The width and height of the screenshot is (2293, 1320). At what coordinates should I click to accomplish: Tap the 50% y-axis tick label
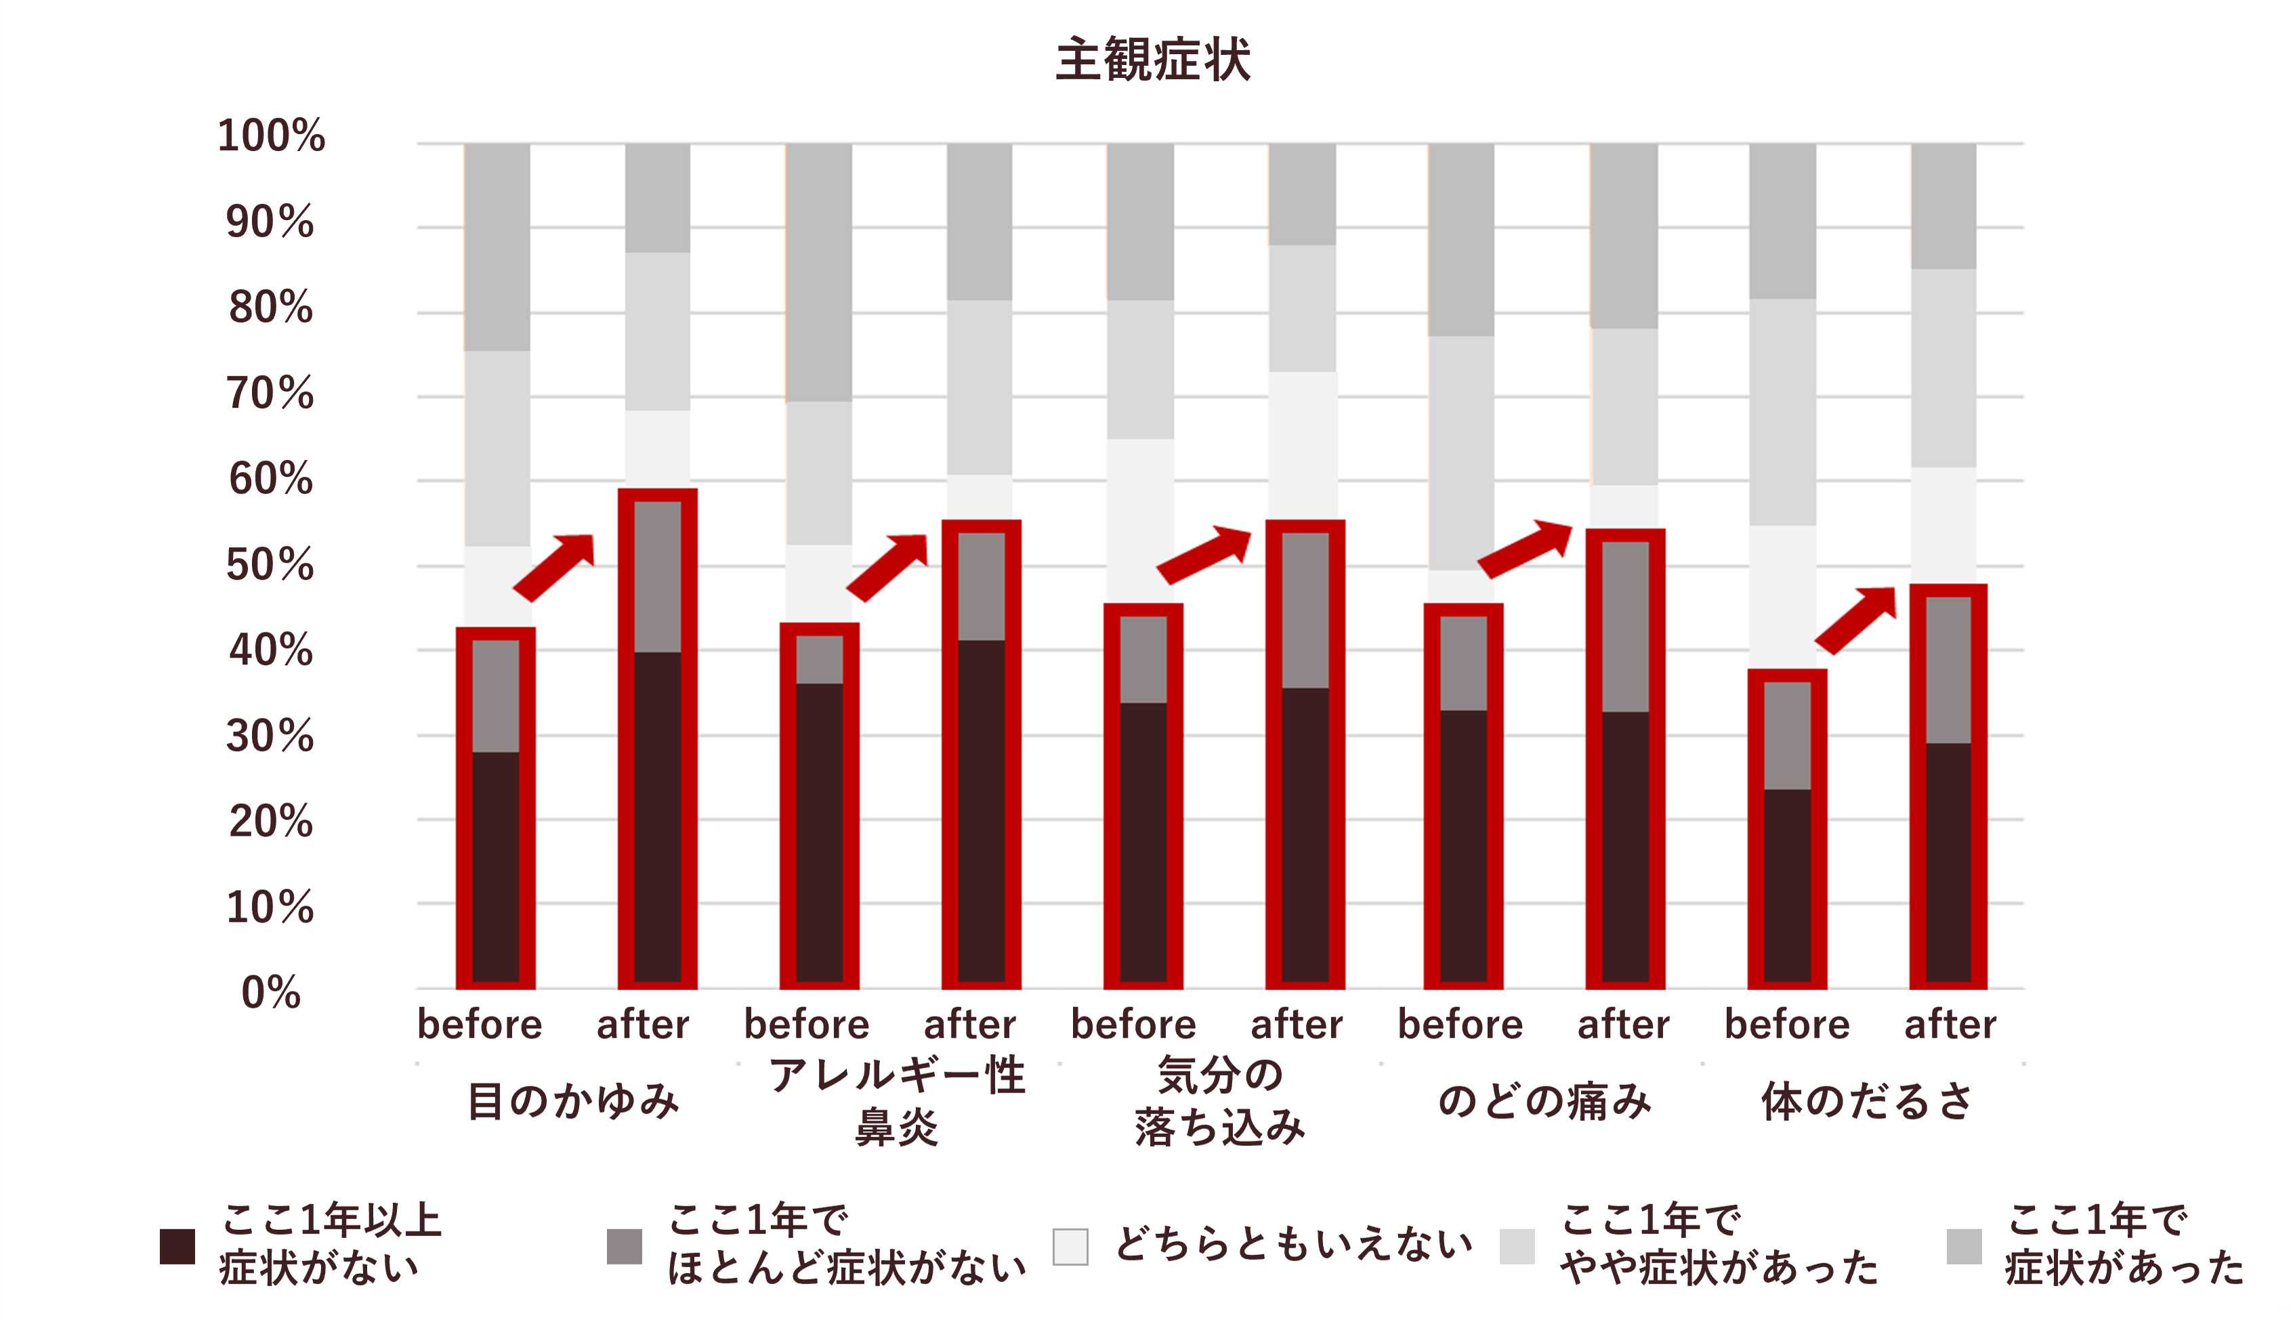point(270,564)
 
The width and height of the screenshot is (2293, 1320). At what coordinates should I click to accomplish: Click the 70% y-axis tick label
point(270,393)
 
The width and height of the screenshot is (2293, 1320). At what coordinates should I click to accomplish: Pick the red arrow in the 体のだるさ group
point(1855,620)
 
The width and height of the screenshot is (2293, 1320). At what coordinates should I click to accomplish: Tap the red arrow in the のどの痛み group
point(1525,549)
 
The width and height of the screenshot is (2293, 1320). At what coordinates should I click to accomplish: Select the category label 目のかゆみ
point(573,1101)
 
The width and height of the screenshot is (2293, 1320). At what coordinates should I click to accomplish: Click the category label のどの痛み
point(1544,1101)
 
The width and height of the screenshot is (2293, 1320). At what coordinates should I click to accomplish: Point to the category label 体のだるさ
point(1867,1101)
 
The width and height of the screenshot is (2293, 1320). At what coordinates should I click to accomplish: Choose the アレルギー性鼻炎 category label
point(897,1101)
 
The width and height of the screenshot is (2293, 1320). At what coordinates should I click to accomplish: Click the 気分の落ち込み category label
point(1221,1101)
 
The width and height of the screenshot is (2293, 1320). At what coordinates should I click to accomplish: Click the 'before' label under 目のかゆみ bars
point(480,1025)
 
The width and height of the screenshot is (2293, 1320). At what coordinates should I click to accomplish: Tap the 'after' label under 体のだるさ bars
point(1950,1025)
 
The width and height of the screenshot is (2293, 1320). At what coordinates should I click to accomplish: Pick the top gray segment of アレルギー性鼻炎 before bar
point(819,272)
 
